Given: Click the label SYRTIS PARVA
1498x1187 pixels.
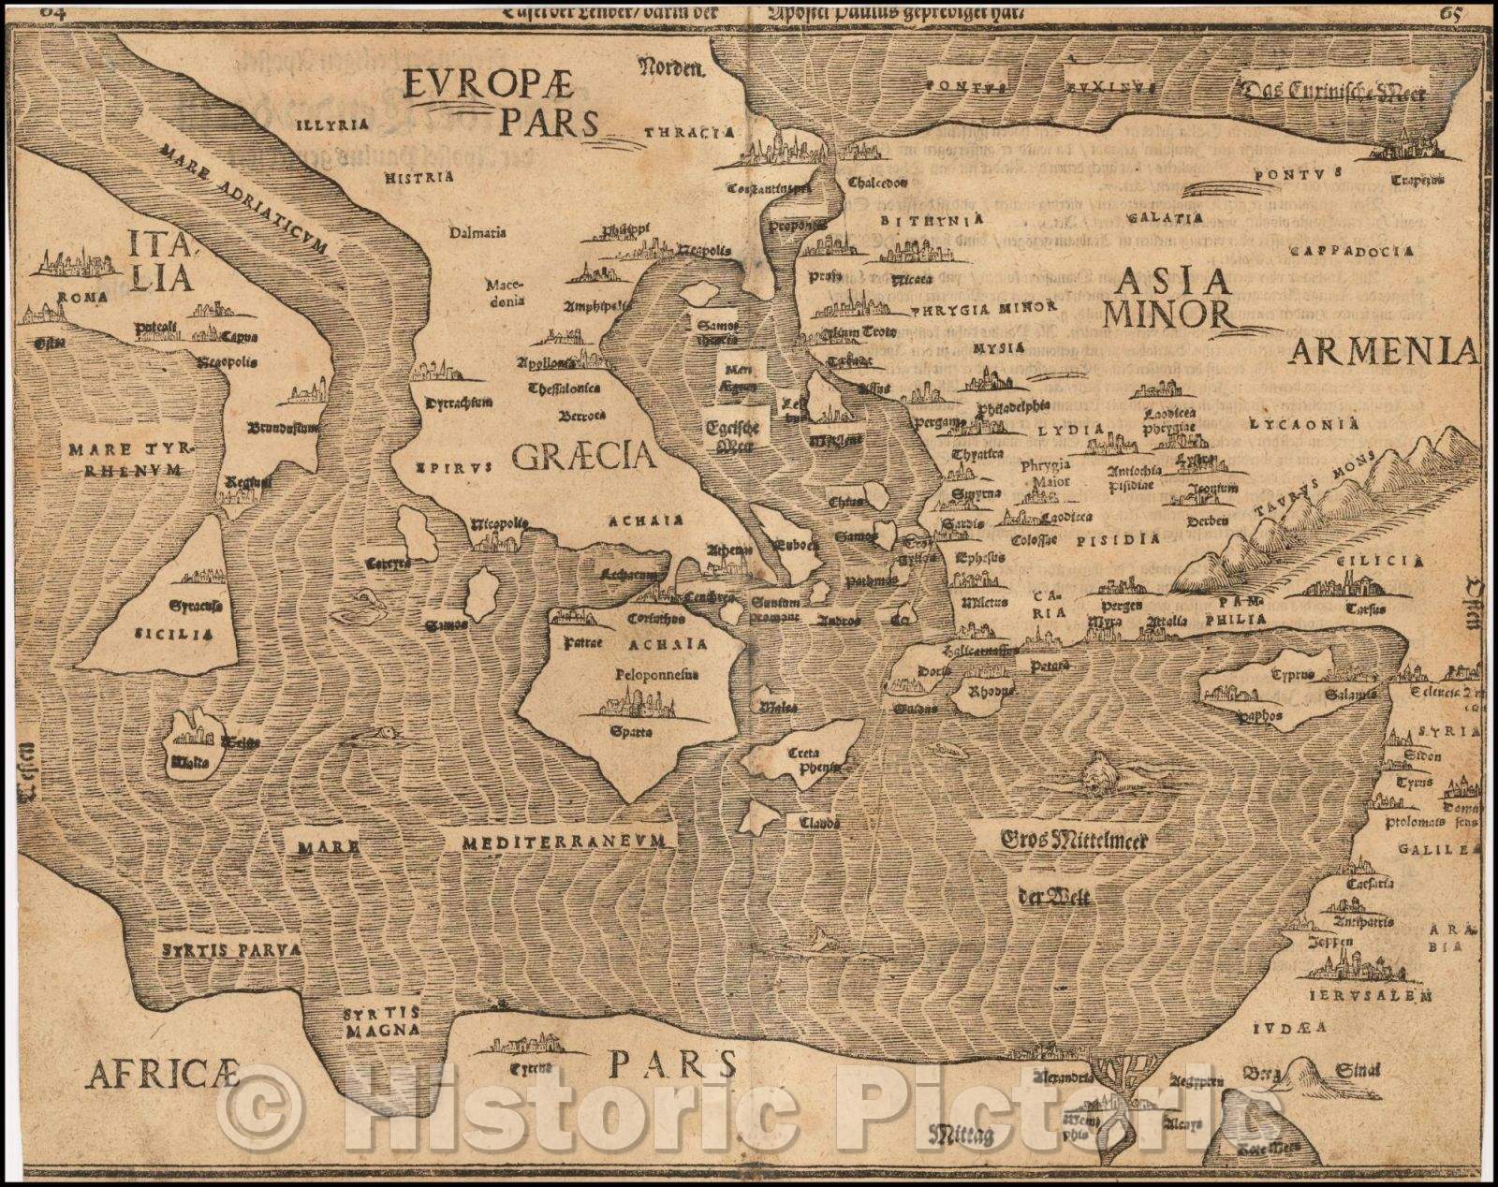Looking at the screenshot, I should (x=229, y=949).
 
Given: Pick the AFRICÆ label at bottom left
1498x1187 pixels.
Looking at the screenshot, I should (x=163, y=1076).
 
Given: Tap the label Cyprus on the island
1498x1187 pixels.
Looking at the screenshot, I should (x=1292, y=674).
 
